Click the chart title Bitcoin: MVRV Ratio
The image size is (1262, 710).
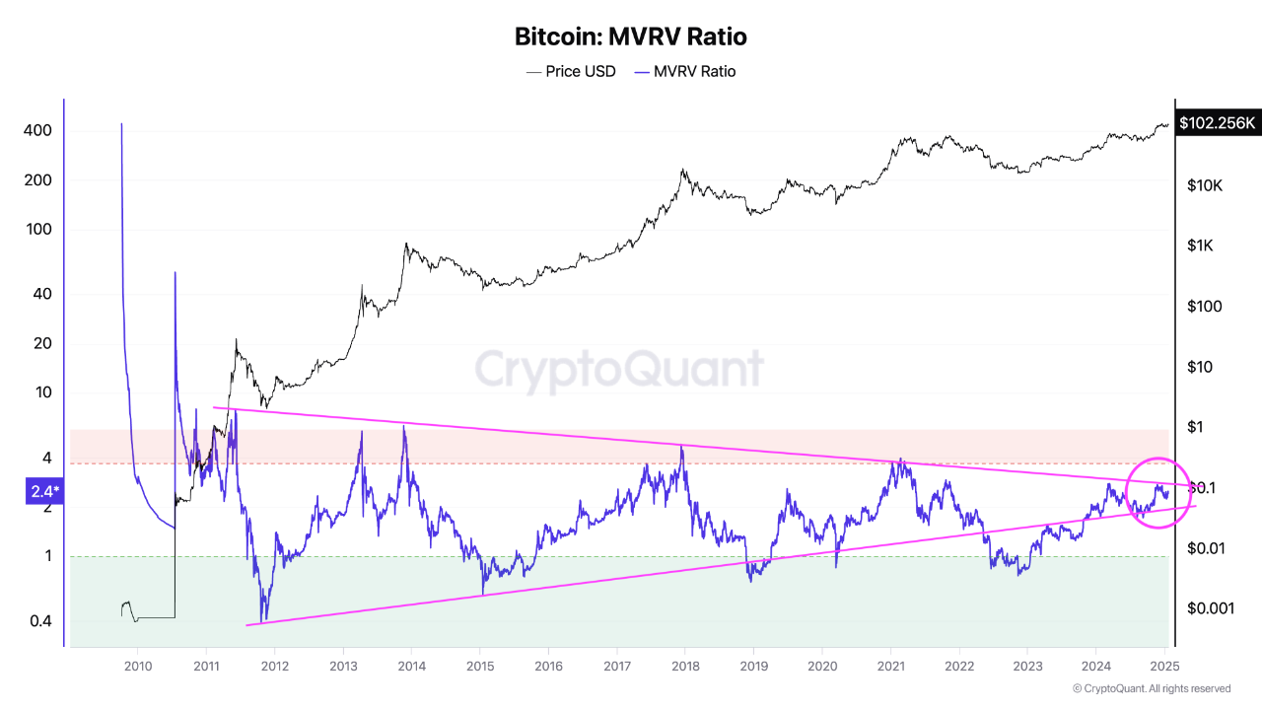click(x=631, y=37)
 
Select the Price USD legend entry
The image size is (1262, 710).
click(x=571, y=71)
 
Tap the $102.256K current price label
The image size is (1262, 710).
click(x=1217, y=123)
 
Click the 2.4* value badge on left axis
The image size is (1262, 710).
click(x=43, y=492)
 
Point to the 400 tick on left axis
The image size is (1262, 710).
click(x=37, y=131)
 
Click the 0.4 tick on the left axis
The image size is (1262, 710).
click(x=40, y=621)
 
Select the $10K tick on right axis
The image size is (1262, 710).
click(x=1206, y=185)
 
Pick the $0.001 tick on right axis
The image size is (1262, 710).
click(x=1210, y=608)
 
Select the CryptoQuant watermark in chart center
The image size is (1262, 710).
click(x=619, y=369)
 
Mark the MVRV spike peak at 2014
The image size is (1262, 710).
click(x=403, y=425)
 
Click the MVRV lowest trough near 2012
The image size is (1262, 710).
click(x=262, y=621)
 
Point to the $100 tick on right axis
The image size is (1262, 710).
click(x=1206, y=307)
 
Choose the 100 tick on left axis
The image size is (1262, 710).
click(x=37, y=230)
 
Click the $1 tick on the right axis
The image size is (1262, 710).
click(x=1197, y=427)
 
